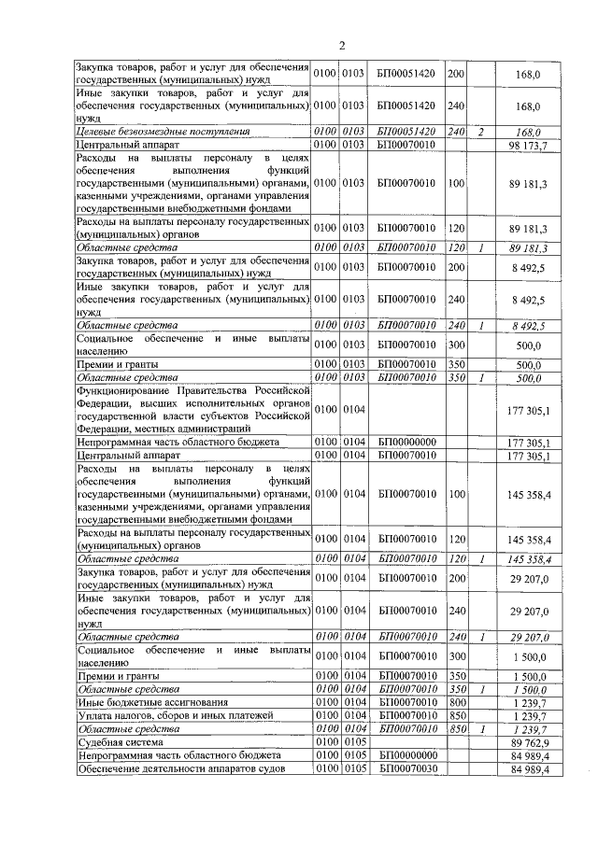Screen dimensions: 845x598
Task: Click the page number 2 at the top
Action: point(341,46)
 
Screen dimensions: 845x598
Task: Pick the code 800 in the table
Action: point(457,702)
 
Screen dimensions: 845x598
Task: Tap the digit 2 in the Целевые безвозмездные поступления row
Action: point(479,133)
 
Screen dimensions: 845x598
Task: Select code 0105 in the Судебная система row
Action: point(353,742)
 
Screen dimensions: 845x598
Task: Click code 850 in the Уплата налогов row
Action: point(457,715)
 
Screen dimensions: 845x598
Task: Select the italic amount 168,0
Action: point(529,133)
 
